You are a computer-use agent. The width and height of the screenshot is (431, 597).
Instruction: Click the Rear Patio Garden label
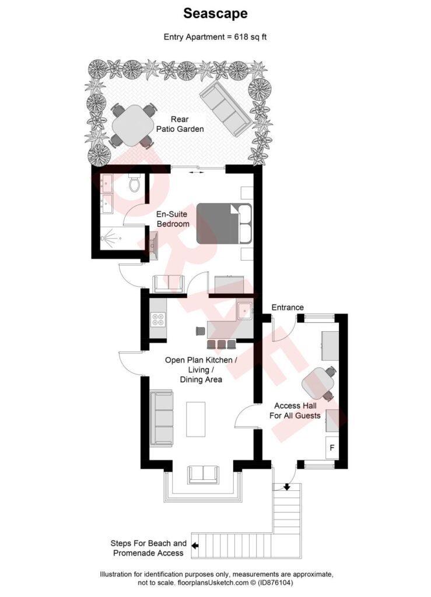179,124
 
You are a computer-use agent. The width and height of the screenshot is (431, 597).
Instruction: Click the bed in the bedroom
223,223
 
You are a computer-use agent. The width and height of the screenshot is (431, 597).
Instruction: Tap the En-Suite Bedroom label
173,219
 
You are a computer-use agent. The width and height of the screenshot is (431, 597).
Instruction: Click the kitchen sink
244,310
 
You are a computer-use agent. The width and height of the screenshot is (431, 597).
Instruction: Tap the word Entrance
288,307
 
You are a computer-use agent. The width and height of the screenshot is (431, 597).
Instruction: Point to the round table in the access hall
317,384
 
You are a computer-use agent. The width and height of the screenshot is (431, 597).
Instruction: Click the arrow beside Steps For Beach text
195,546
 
